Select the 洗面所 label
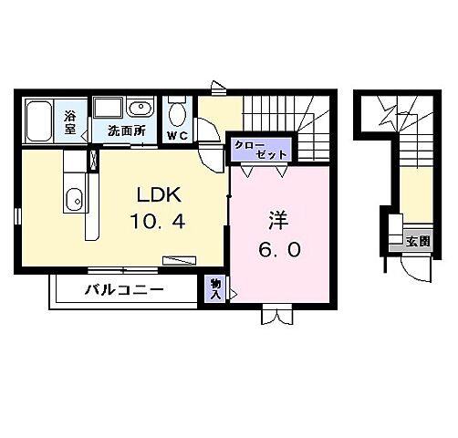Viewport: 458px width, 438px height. tap(126, 131)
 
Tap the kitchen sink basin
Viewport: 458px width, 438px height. tap(74, 195)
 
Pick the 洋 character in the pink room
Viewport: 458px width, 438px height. tap(276, 221)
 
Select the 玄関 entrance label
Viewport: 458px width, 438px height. tap(418, 241)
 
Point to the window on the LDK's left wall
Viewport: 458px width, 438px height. tap(16, 216)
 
